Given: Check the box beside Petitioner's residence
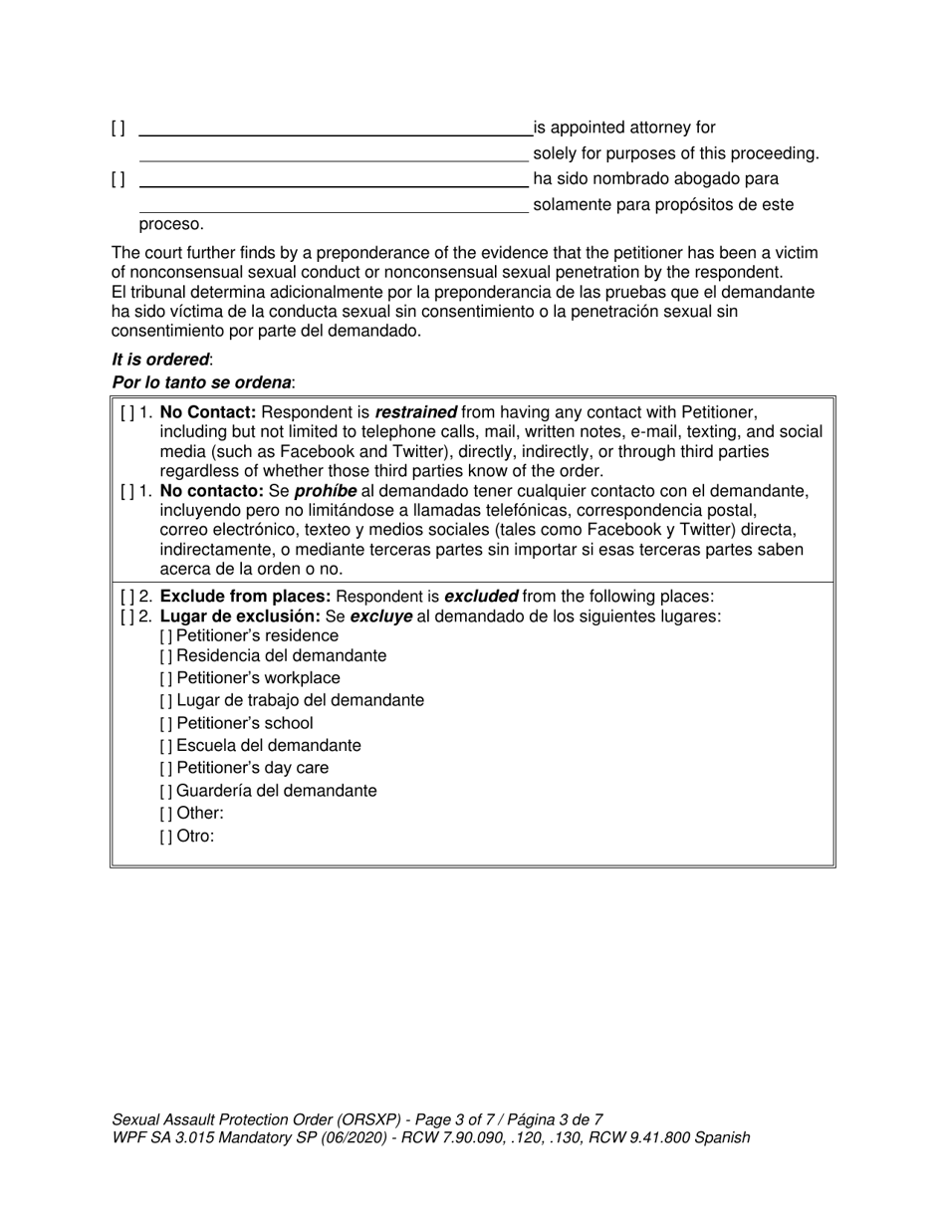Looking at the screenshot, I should (166, 636).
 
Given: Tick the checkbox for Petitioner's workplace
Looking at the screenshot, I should (166, 678).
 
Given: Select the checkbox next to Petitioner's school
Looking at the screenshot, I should (166, 724).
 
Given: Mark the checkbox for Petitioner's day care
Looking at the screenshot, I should (166, 769).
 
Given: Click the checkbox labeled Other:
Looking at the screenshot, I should (166, 814).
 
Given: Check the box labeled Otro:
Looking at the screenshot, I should (166, 837).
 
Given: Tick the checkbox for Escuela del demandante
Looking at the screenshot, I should (166, 746).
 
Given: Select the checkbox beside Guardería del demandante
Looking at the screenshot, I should (166, 792).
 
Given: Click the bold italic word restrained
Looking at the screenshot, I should (415, 412).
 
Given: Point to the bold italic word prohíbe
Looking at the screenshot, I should (325, 491).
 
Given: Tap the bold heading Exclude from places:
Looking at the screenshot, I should (246, 597).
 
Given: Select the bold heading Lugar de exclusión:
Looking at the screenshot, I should (240, 616).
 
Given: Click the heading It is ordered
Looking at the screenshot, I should (160, 360).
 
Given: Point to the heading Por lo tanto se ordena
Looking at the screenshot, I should (202, 382).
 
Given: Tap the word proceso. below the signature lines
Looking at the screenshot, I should (171, 224).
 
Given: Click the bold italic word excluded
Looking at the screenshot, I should (480, 597).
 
